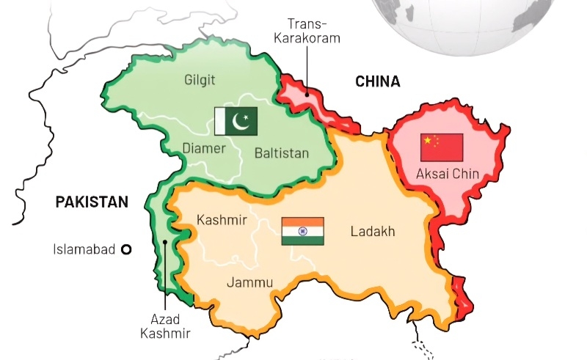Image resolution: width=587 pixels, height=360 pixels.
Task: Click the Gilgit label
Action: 201,78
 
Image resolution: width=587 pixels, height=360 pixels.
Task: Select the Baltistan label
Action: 282,153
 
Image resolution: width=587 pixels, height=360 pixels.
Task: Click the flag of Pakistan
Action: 236,120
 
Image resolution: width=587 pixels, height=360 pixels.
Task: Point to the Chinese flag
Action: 442,147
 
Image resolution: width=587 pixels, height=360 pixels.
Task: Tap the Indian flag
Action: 302,231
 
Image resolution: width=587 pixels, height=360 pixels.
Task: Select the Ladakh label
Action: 373,232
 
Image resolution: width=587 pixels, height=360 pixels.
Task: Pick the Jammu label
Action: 249,282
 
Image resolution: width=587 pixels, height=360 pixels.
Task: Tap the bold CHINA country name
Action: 378,81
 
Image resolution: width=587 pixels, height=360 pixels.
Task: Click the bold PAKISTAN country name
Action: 92,202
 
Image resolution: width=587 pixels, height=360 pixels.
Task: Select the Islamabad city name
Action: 84,249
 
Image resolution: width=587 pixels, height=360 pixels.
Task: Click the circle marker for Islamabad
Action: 126,249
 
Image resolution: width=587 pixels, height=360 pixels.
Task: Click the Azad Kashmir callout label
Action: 170,326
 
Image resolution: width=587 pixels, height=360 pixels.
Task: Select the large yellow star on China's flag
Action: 427,142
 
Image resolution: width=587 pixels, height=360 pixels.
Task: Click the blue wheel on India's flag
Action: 302,231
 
